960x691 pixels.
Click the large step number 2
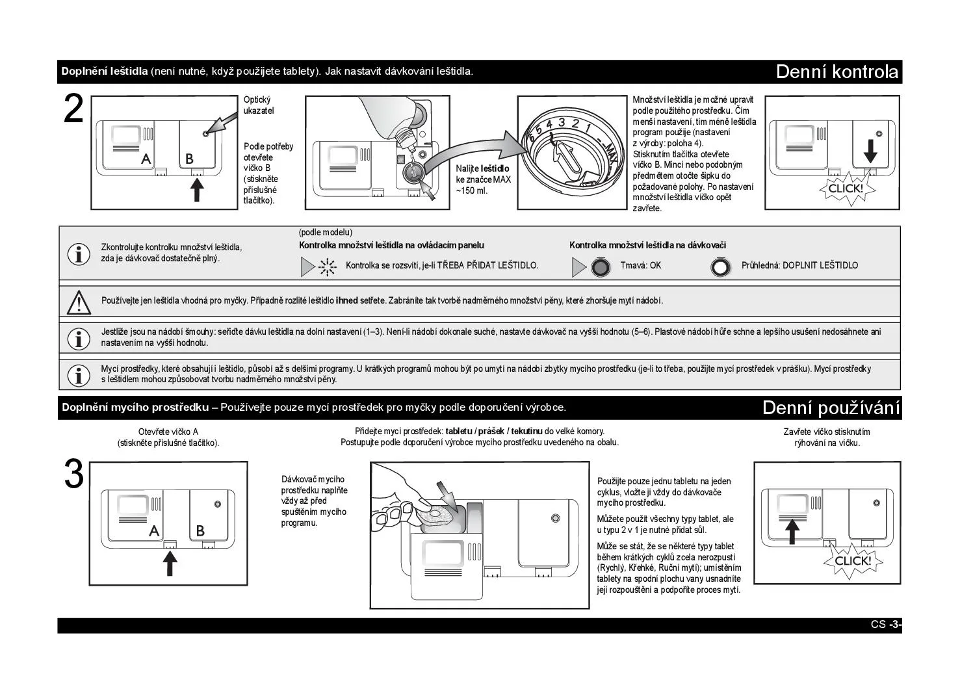(x=74, y=109)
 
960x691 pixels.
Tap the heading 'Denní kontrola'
(x=837, y=72)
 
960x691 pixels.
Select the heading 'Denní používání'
(x=831, y=408)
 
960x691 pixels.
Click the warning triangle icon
(x=79, y=302)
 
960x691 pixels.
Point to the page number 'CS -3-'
(x=886, y=625)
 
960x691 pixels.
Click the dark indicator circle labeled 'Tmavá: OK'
(x=601, y=267)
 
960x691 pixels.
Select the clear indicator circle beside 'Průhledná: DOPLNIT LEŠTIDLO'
(x=720, y=267)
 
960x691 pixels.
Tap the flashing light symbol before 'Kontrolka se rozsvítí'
(x=327, y=267)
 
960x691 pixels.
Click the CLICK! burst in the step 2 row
(x=845, y=189)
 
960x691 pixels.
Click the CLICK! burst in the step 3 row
(x=852, y=561)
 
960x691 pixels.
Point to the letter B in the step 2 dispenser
(x=189, y=158)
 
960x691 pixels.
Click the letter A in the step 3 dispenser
(x=154, y=530)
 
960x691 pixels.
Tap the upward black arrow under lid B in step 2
(x=197, y=189)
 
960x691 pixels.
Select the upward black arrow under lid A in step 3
(x=170, y=562)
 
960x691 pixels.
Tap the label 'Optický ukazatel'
(x=259, y=105)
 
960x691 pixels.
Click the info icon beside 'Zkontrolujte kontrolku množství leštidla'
(x=79, y=254)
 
